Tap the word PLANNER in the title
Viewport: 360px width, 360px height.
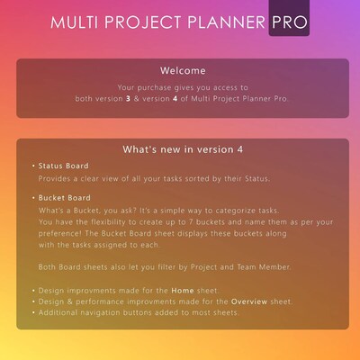click(226, 21)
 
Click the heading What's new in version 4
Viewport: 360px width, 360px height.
click(182, 148)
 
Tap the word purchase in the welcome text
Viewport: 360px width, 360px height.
click(157, 88)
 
